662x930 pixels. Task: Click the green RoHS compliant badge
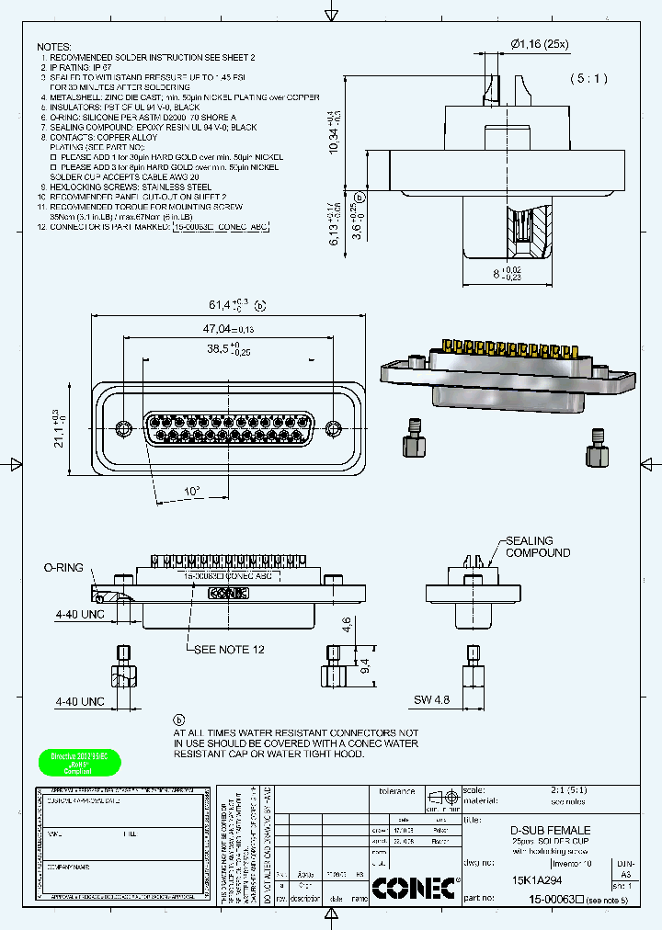click(x=79, y=764)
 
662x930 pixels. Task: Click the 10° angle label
click(x=191, y=492)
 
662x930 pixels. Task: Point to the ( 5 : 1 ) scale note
click(x=588, y=79)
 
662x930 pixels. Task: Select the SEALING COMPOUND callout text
click(x=537, y=547)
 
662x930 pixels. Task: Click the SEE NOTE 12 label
click(x=229, y=649)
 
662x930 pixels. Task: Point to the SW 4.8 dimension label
click(x=432, y=700)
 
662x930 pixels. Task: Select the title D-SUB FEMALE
click(x=550, y=830)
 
